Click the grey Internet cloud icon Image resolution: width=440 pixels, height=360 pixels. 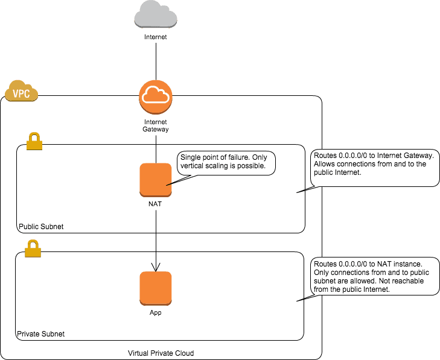pos(156,14)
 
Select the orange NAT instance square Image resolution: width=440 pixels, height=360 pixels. pos(156,180)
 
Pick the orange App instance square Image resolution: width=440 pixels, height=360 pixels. pos(156,288)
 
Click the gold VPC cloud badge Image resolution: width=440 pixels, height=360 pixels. pos(22,93)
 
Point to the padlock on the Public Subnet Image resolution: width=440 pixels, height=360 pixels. pos(34,141)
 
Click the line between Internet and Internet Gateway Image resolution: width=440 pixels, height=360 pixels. pos(156,60)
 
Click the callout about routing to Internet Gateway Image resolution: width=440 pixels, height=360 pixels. pos(375,168)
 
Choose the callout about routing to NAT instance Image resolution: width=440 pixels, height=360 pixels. pos(375,277)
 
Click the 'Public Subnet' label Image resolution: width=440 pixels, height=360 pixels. pos(40,227)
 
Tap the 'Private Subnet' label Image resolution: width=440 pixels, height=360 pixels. pos(40,333)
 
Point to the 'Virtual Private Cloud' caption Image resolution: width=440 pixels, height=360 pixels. pos(161,353)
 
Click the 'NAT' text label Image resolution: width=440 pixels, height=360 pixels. pos(156,204)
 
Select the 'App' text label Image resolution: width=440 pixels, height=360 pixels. pos(156,313)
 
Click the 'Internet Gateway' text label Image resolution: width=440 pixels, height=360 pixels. pos(156,125)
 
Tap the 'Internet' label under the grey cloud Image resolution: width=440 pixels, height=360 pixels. pos(156,37)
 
